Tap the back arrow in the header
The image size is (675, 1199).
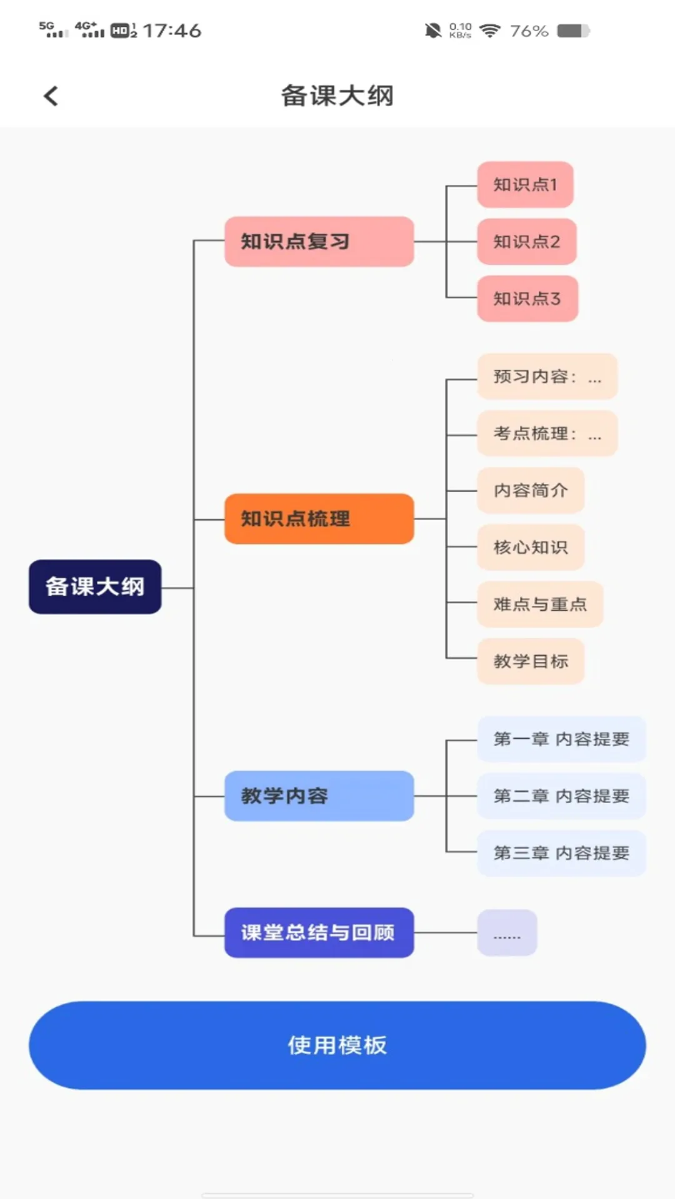(51, 96)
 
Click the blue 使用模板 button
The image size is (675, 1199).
(337, 1045)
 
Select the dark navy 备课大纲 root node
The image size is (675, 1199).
(95, 586)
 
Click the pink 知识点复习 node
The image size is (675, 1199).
(319, 242)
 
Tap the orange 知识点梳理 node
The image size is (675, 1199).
(319, 518)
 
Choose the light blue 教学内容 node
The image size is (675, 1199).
(319, 796)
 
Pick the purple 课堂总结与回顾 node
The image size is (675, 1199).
(319, 932)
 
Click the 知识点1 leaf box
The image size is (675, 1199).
(525, 185)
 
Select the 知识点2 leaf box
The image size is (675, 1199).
(526, 242)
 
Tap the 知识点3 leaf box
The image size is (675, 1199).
(527, 299)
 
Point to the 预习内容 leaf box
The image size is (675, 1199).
(547, 377)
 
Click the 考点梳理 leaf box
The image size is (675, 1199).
(547, 433)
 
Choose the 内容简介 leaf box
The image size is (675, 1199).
(531, 490)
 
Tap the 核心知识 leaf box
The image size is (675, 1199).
(531, 547)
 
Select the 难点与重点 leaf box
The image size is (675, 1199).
(540, 604)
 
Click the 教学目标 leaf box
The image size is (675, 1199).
(531, 661)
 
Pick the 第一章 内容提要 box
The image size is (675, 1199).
(561, 739)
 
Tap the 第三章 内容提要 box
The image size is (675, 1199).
(561, 853)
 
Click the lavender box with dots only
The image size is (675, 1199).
(507, 933)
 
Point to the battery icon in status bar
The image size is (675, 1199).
(573, 31)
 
